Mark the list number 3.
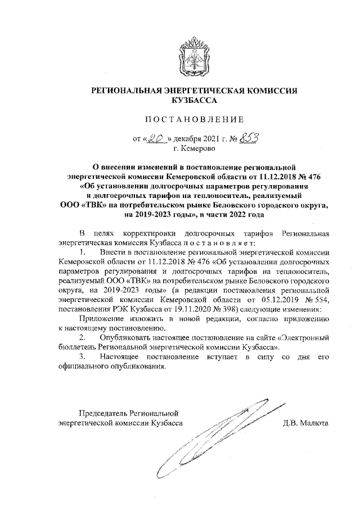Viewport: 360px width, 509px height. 83,357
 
